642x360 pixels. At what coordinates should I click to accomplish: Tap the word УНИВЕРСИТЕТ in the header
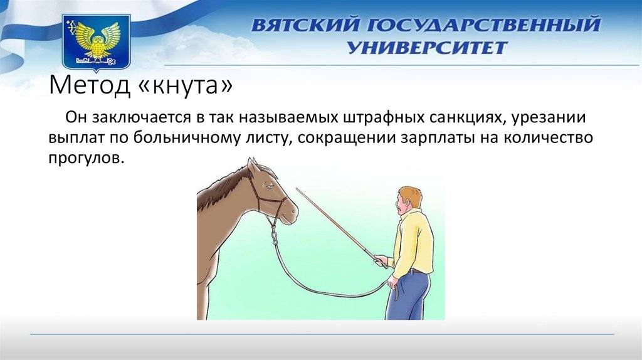click(x=428, y=48)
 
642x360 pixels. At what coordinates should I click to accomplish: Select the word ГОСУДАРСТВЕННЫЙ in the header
click(x=483, y=25)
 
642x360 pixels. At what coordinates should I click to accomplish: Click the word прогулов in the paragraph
click(x=86, y=158)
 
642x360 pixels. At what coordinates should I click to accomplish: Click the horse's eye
click(x=268, y=186)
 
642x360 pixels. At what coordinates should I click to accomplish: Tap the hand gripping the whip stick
click(x=381, y=261)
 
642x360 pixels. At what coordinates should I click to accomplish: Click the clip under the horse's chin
click(x=274, y=236)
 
